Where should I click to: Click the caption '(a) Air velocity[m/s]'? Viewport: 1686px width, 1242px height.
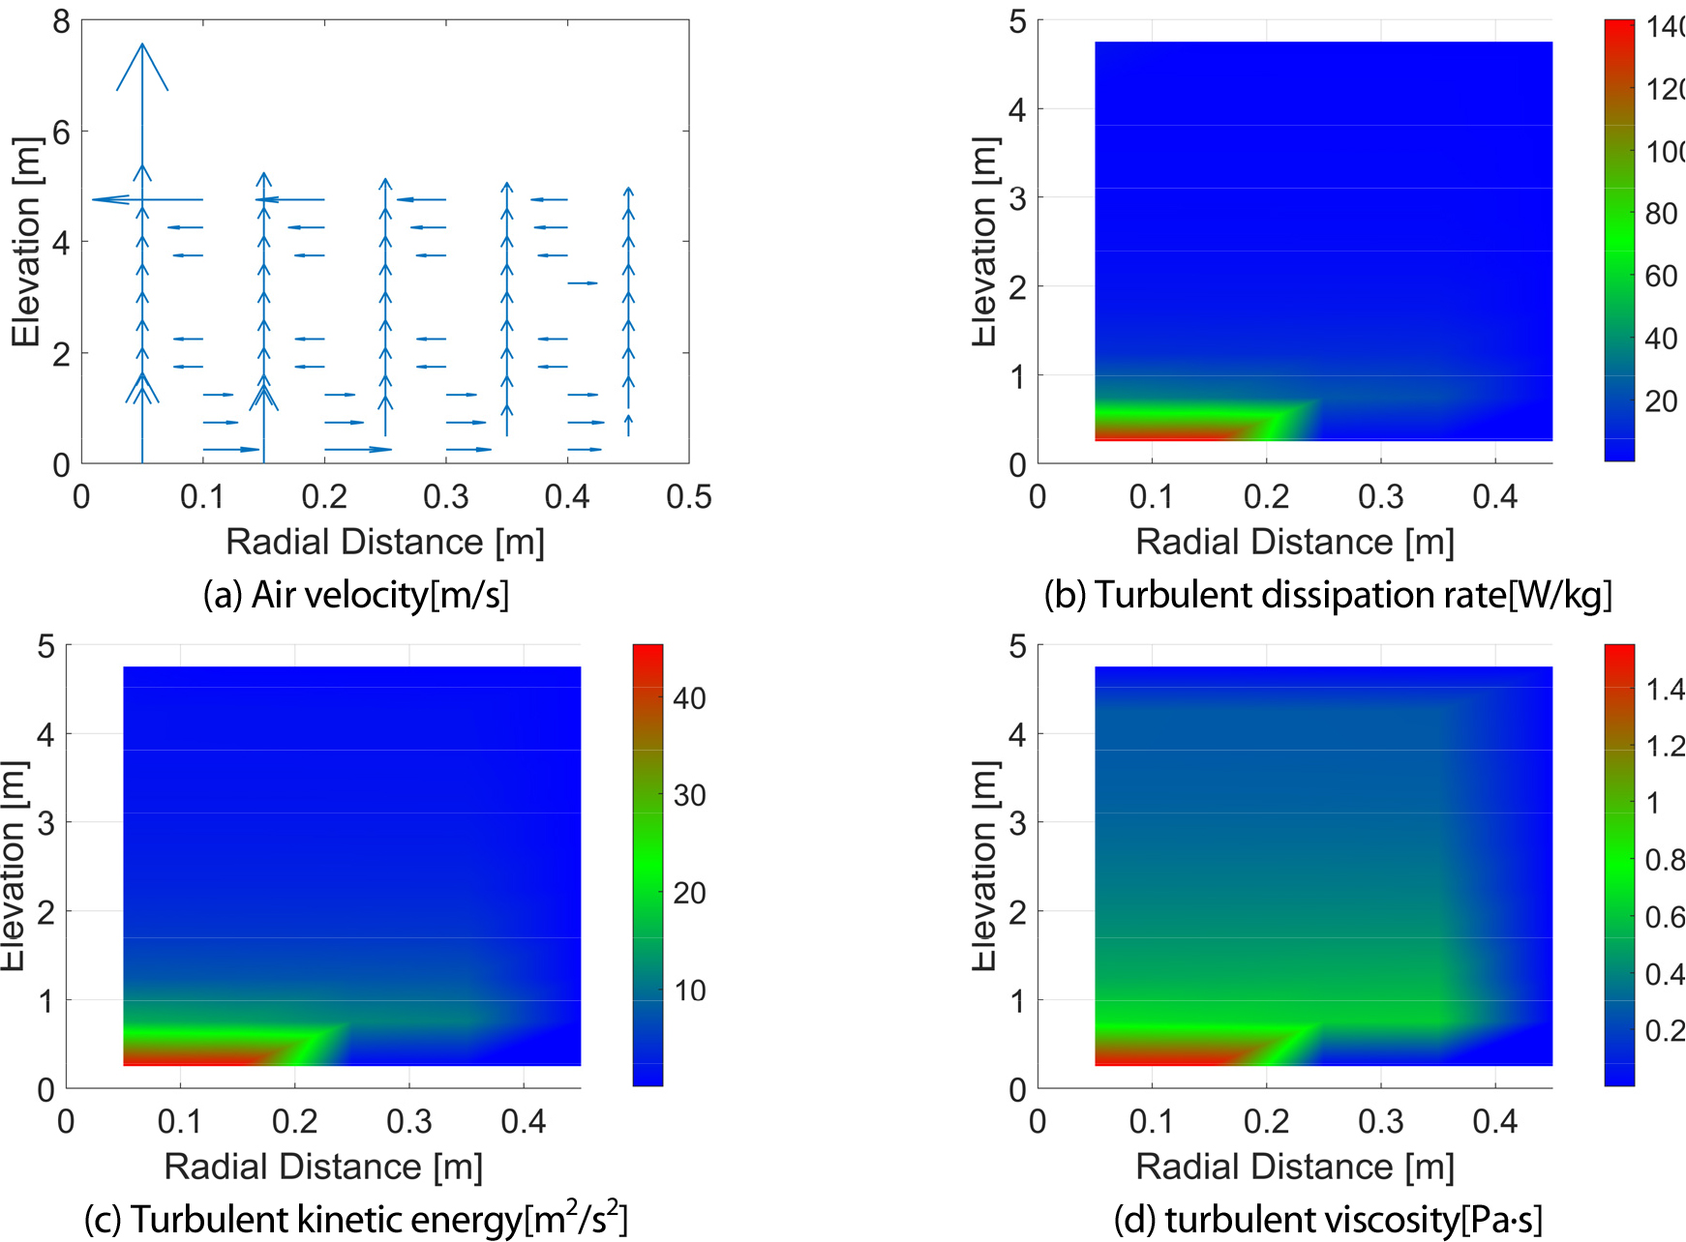(x=355, y=594)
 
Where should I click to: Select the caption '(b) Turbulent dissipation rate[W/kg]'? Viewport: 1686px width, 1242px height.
(x=1328, y=594)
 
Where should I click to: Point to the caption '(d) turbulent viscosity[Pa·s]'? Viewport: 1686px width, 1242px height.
(x=1328, y=1219)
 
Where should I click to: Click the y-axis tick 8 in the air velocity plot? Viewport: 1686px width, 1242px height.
(x=61, y=21)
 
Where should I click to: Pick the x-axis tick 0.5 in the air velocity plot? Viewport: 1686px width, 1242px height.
(x=688, y=497)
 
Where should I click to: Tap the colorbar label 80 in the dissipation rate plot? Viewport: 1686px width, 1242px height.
(x=1661, y=214)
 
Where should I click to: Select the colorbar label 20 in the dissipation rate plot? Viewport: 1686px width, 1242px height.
(x=1661, y=401)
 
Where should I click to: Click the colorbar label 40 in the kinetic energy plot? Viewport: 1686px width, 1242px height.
(x=689, y=698)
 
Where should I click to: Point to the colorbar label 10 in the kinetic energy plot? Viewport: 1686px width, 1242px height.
(x=689, y=991)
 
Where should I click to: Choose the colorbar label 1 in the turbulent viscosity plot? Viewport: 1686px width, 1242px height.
(x=1653, y=803)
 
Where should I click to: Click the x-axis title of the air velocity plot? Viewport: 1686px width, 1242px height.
(x=385, y=542)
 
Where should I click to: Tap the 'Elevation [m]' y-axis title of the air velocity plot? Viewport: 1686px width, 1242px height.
(x=26, y=242)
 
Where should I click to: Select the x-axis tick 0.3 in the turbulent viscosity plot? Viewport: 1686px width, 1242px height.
(x=1380, y=1122)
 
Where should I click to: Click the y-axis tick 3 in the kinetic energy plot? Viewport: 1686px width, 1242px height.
(x=45, y=823)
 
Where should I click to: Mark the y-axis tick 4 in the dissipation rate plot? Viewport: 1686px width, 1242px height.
(x=1017, y=110)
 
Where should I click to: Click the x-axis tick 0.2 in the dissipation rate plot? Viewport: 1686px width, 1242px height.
(x=1266, y=497)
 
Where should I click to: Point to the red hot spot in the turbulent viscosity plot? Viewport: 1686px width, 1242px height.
(x=1161, y=1054)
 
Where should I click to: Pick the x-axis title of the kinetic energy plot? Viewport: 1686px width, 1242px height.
(x=323, y=1167)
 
